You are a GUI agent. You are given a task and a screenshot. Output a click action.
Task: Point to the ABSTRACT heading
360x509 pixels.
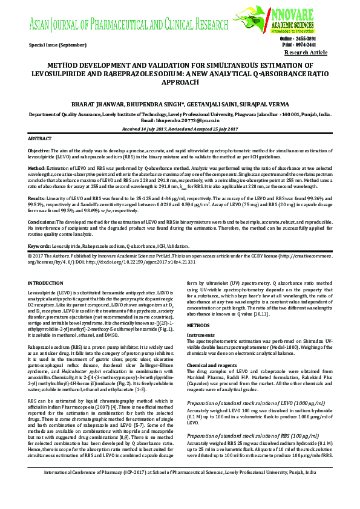click(x=40, y=138)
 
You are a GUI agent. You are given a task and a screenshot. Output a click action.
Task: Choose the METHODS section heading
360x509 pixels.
click(x=199, y=325)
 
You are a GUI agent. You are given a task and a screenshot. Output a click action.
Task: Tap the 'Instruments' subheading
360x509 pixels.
click(x=200, y=334)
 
